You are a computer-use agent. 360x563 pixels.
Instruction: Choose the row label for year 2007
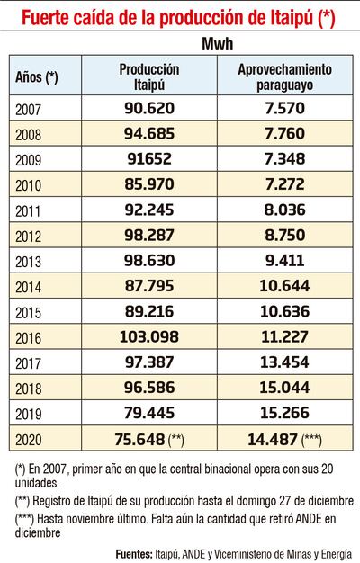(x=30, y=108)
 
